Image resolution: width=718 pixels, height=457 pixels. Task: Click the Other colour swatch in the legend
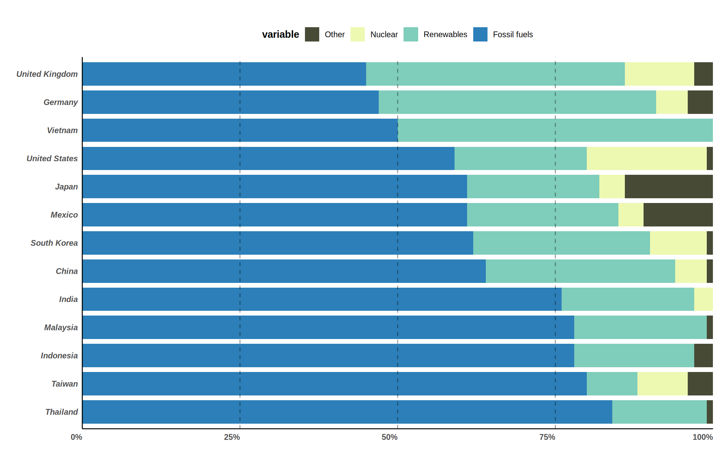click(312, 34)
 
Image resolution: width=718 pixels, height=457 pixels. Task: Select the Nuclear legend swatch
click(357, 34)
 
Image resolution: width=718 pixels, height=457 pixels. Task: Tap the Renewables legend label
click(445, 34)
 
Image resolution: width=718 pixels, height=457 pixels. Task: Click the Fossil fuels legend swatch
click(480, 34)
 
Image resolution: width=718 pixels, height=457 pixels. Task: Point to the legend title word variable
click(280, 34)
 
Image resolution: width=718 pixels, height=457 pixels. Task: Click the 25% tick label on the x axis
click(232, 437)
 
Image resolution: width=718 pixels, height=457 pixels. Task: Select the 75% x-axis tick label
click(547, 437)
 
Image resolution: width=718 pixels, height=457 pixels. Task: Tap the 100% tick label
click(702, 437)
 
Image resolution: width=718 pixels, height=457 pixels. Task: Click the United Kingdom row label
click(47, 74)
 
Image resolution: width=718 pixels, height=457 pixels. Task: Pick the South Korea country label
click(54, 243)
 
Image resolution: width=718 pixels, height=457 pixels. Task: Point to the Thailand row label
click(62, 412)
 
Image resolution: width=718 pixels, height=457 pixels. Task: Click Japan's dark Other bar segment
click(668, 187)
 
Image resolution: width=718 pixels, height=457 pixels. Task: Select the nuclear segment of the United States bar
click(646, 158)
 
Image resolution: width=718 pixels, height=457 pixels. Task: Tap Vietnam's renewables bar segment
click(555, 130)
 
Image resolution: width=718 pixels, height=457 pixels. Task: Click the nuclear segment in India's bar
click(703, 299)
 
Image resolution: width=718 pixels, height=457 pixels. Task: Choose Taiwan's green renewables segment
click(612, 384)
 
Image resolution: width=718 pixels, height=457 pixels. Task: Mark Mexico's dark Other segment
click(678, 215)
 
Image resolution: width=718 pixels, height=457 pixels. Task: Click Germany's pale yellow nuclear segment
click(671, 102)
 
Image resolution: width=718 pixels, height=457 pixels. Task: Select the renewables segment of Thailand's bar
click(659, 412)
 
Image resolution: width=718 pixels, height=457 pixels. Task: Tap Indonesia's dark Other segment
click(703, 356)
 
